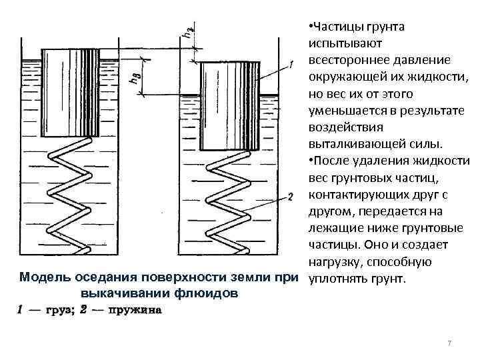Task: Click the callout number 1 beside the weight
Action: [x=291, y=65]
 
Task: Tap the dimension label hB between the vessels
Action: [x=135, y=78]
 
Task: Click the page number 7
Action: [x=449, y=343]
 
